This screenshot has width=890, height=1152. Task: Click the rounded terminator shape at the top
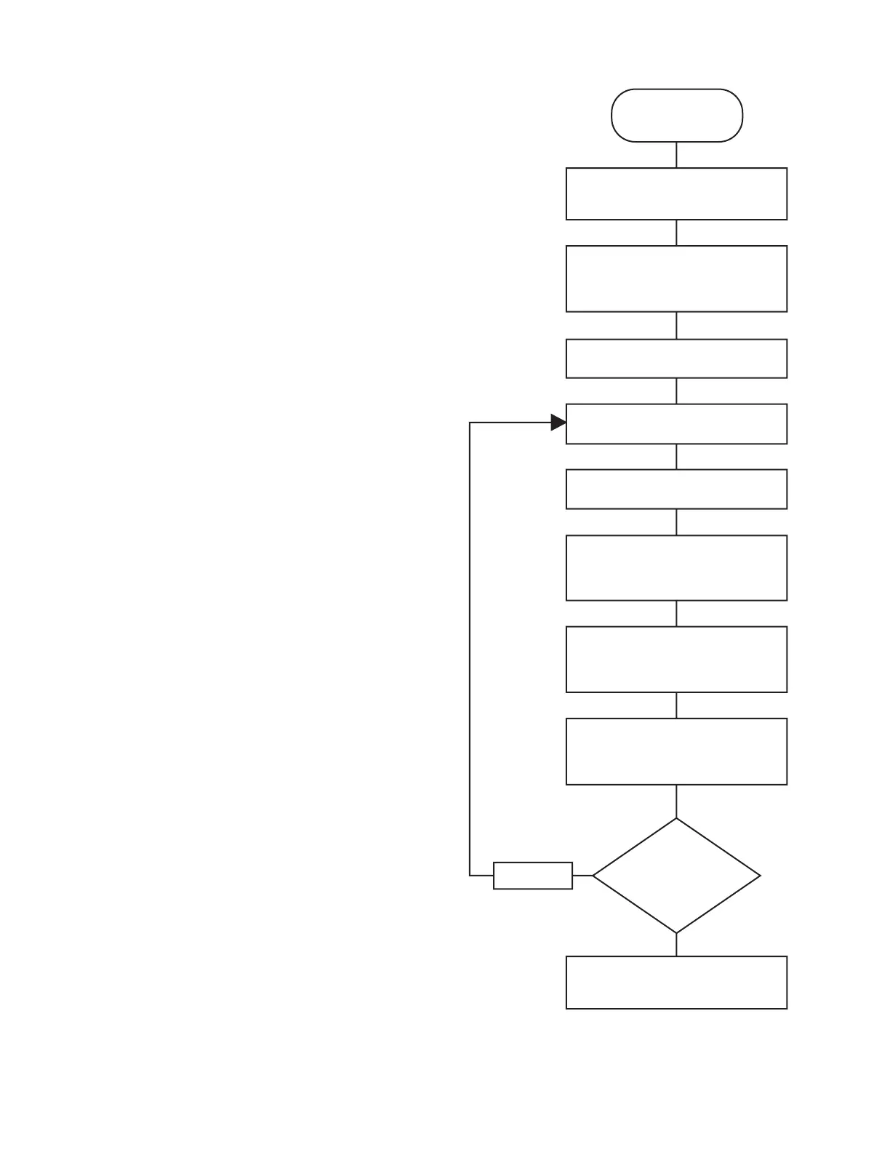(676, 115)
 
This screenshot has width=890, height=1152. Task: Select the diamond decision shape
(676, 876)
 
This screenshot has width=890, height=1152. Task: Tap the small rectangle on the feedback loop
(533, 876)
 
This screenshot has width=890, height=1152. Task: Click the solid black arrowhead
(558, 423)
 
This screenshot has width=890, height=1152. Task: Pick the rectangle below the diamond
(676, 983)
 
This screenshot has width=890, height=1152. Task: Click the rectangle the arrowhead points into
(676, 424)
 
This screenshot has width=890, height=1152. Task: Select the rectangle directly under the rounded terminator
(676, 193)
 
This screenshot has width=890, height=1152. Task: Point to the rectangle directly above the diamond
(676, 751)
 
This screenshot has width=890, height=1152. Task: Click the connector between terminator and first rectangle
(676, 155)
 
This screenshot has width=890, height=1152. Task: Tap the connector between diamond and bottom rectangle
(676, 945)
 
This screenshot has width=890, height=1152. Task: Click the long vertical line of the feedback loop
(470, 647)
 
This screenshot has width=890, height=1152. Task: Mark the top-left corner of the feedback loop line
(470, 423)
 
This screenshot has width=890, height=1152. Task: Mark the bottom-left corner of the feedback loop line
(470, 876)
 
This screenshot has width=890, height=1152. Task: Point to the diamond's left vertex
(593, 876)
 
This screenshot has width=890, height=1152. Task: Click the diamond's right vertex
(760, 876)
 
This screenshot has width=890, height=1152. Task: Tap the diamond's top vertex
(676, 819)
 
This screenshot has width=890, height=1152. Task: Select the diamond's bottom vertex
(676, 933)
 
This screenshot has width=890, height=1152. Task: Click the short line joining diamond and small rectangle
(582, 876)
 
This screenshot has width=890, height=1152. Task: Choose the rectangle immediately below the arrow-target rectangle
(676, 489)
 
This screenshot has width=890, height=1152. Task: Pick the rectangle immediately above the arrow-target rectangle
(676, 359)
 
